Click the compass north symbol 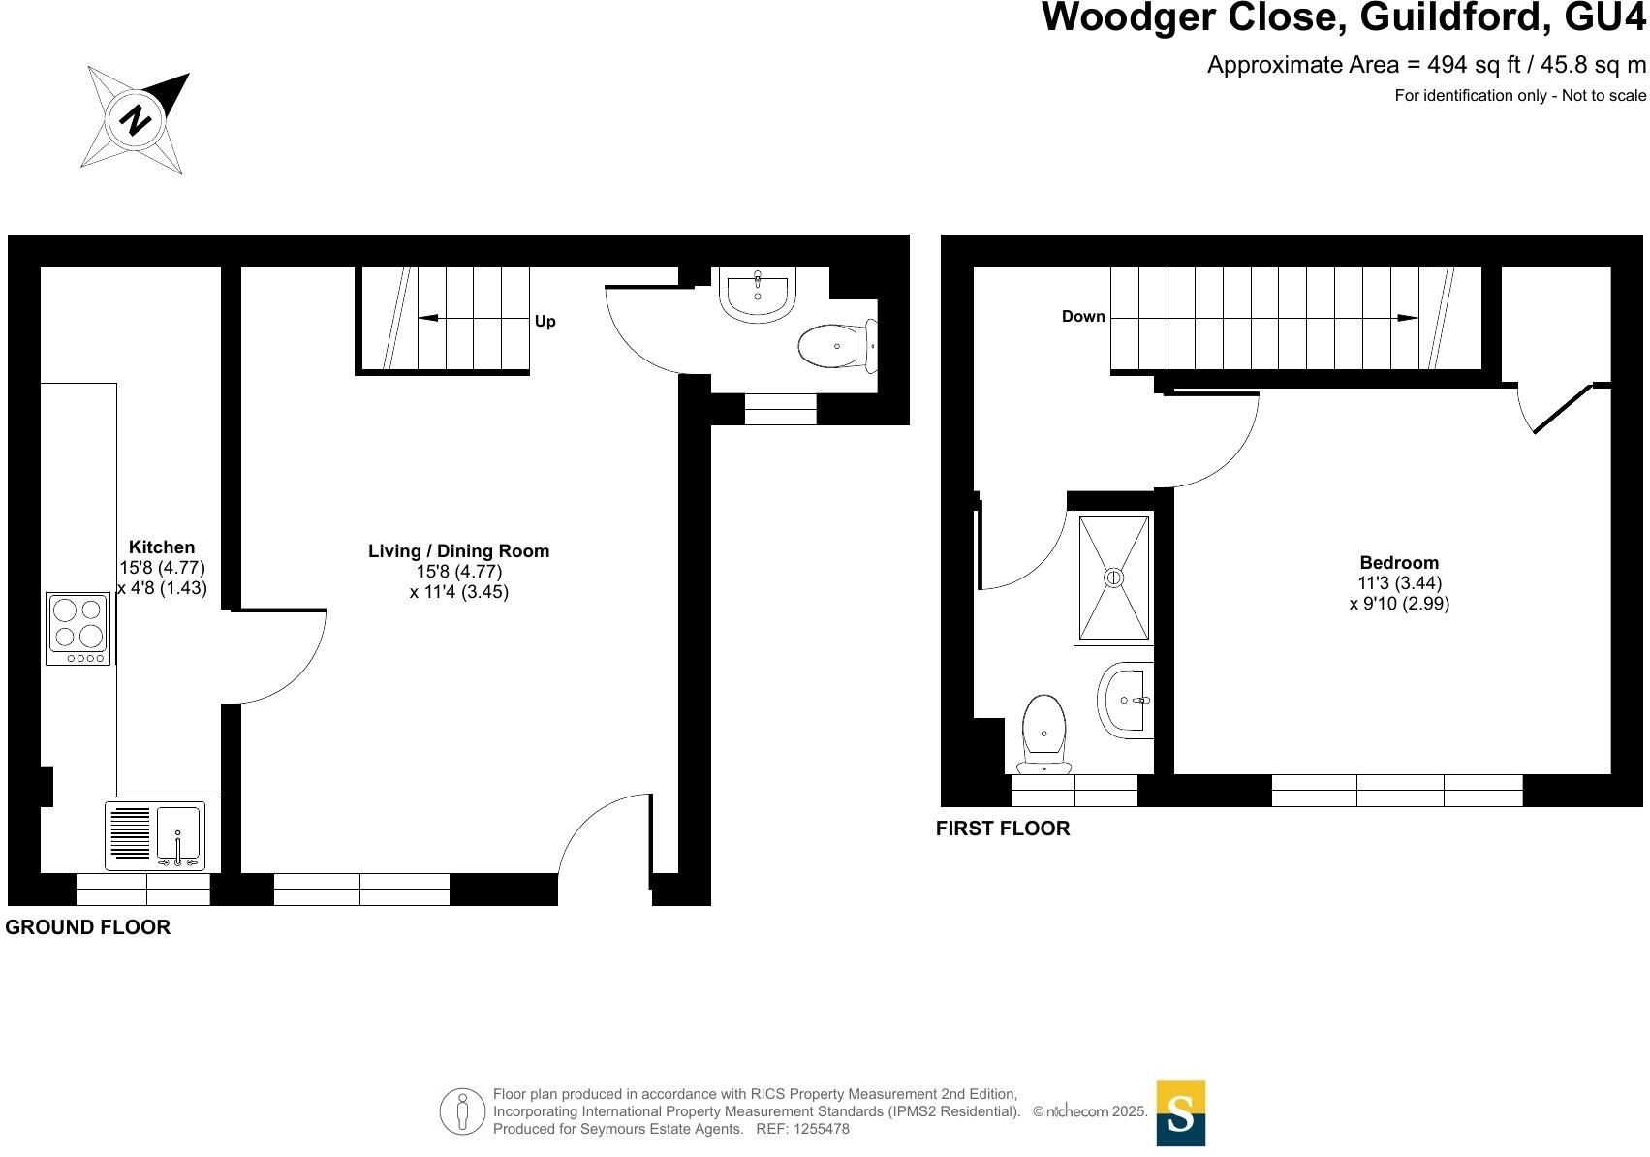coord(135,119)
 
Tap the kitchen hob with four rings coord(78,629)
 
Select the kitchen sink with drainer coord(155,835)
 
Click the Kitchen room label coord(162,547)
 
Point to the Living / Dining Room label coord(459,550)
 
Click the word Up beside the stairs coord(545,322)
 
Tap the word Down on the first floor coord(1083,316)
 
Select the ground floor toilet coord(837,346)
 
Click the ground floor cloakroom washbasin coord(758,295)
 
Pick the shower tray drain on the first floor coord(1114,578)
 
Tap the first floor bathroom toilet coord(1043,734)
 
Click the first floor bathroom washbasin coord(1125,700)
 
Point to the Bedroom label coord(1399,562)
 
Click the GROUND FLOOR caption coord(87,927)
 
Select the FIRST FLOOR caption coord(1003,829)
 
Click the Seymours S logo coord(1181,1113)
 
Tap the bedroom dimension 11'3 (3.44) coord(1400,583)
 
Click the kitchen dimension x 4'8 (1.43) coord(162,588)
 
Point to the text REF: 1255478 coord(803,1129)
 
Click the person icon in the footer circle coord(462,1111)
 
